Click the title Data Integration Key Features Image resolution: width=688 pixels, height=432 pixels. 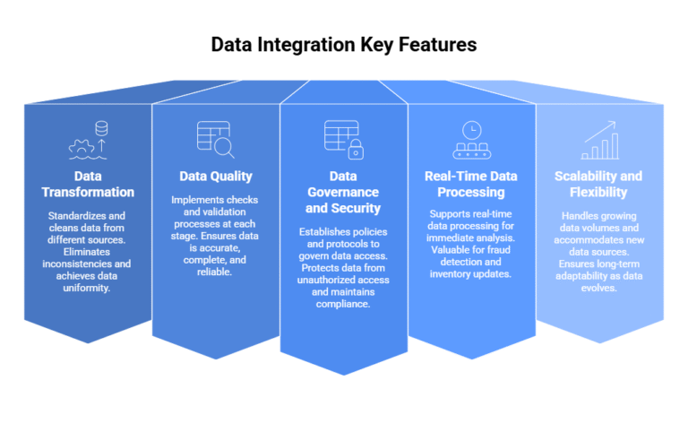coord(344,44)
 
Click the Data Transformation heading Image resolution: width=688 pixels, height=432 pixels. coord(87,184)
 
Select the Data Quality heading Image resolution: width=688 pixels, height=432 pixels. coord(216,176)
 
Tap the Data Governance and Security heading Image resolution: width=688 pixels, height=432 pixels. coord(343,192)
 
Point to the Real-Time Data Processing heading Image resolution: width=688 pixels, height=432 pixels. coord(471,184)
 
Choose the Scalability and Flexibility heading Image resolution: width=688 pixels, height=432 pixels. coord(598,184)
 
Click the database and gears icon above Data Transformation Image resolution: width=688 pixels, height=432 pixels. coord(88,138)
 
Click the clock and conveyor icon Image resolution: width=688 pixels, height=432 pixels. coord(471,138)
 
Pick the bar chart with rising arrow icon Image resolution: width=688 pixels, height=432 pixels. coord(599,139)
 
